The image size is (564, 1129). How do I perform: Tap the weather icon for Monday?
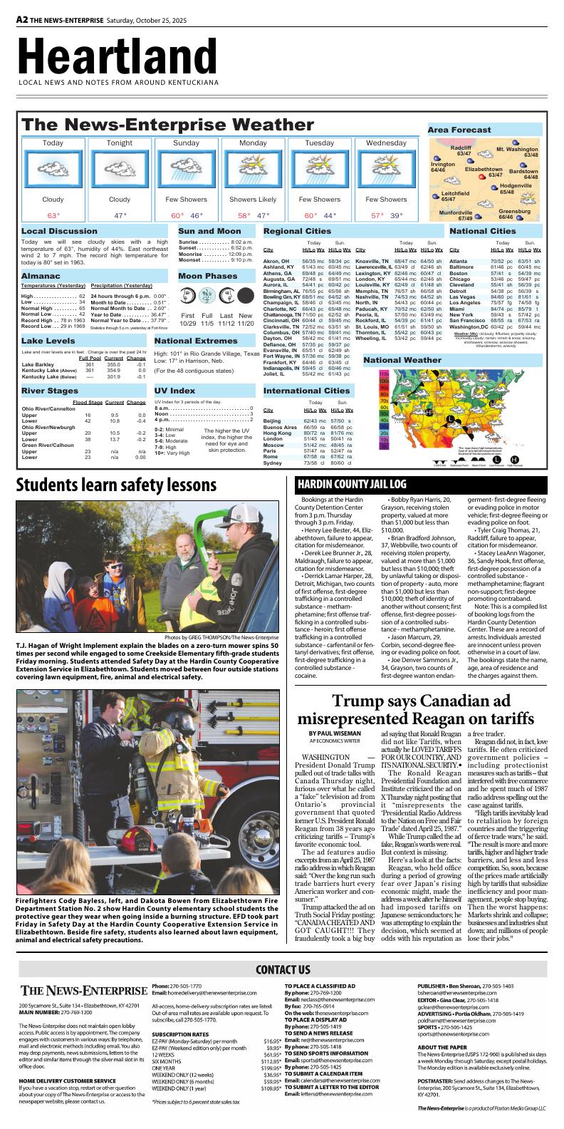[x=253, y=170]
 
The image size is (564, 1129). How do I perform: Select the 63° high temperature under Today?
[x=53, y=215]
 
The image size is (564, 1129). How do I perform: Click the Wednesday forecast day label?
[x=386, y=143]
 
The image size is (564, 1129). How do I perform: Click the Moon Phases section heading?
[x=208, y=276]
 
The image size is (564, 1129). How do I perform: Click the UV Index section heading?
[x=174, y=391]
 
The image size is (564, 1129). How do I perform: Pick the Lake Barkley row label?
[x=39, y=364]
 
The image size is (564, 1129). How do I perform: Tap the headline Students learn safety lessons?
[x=117, y=485]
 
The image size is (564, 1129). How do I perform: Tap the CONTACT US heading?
[x=282, y=969]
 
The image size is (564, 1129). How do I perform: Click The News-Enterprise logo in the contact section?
[x=83, y=991]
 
